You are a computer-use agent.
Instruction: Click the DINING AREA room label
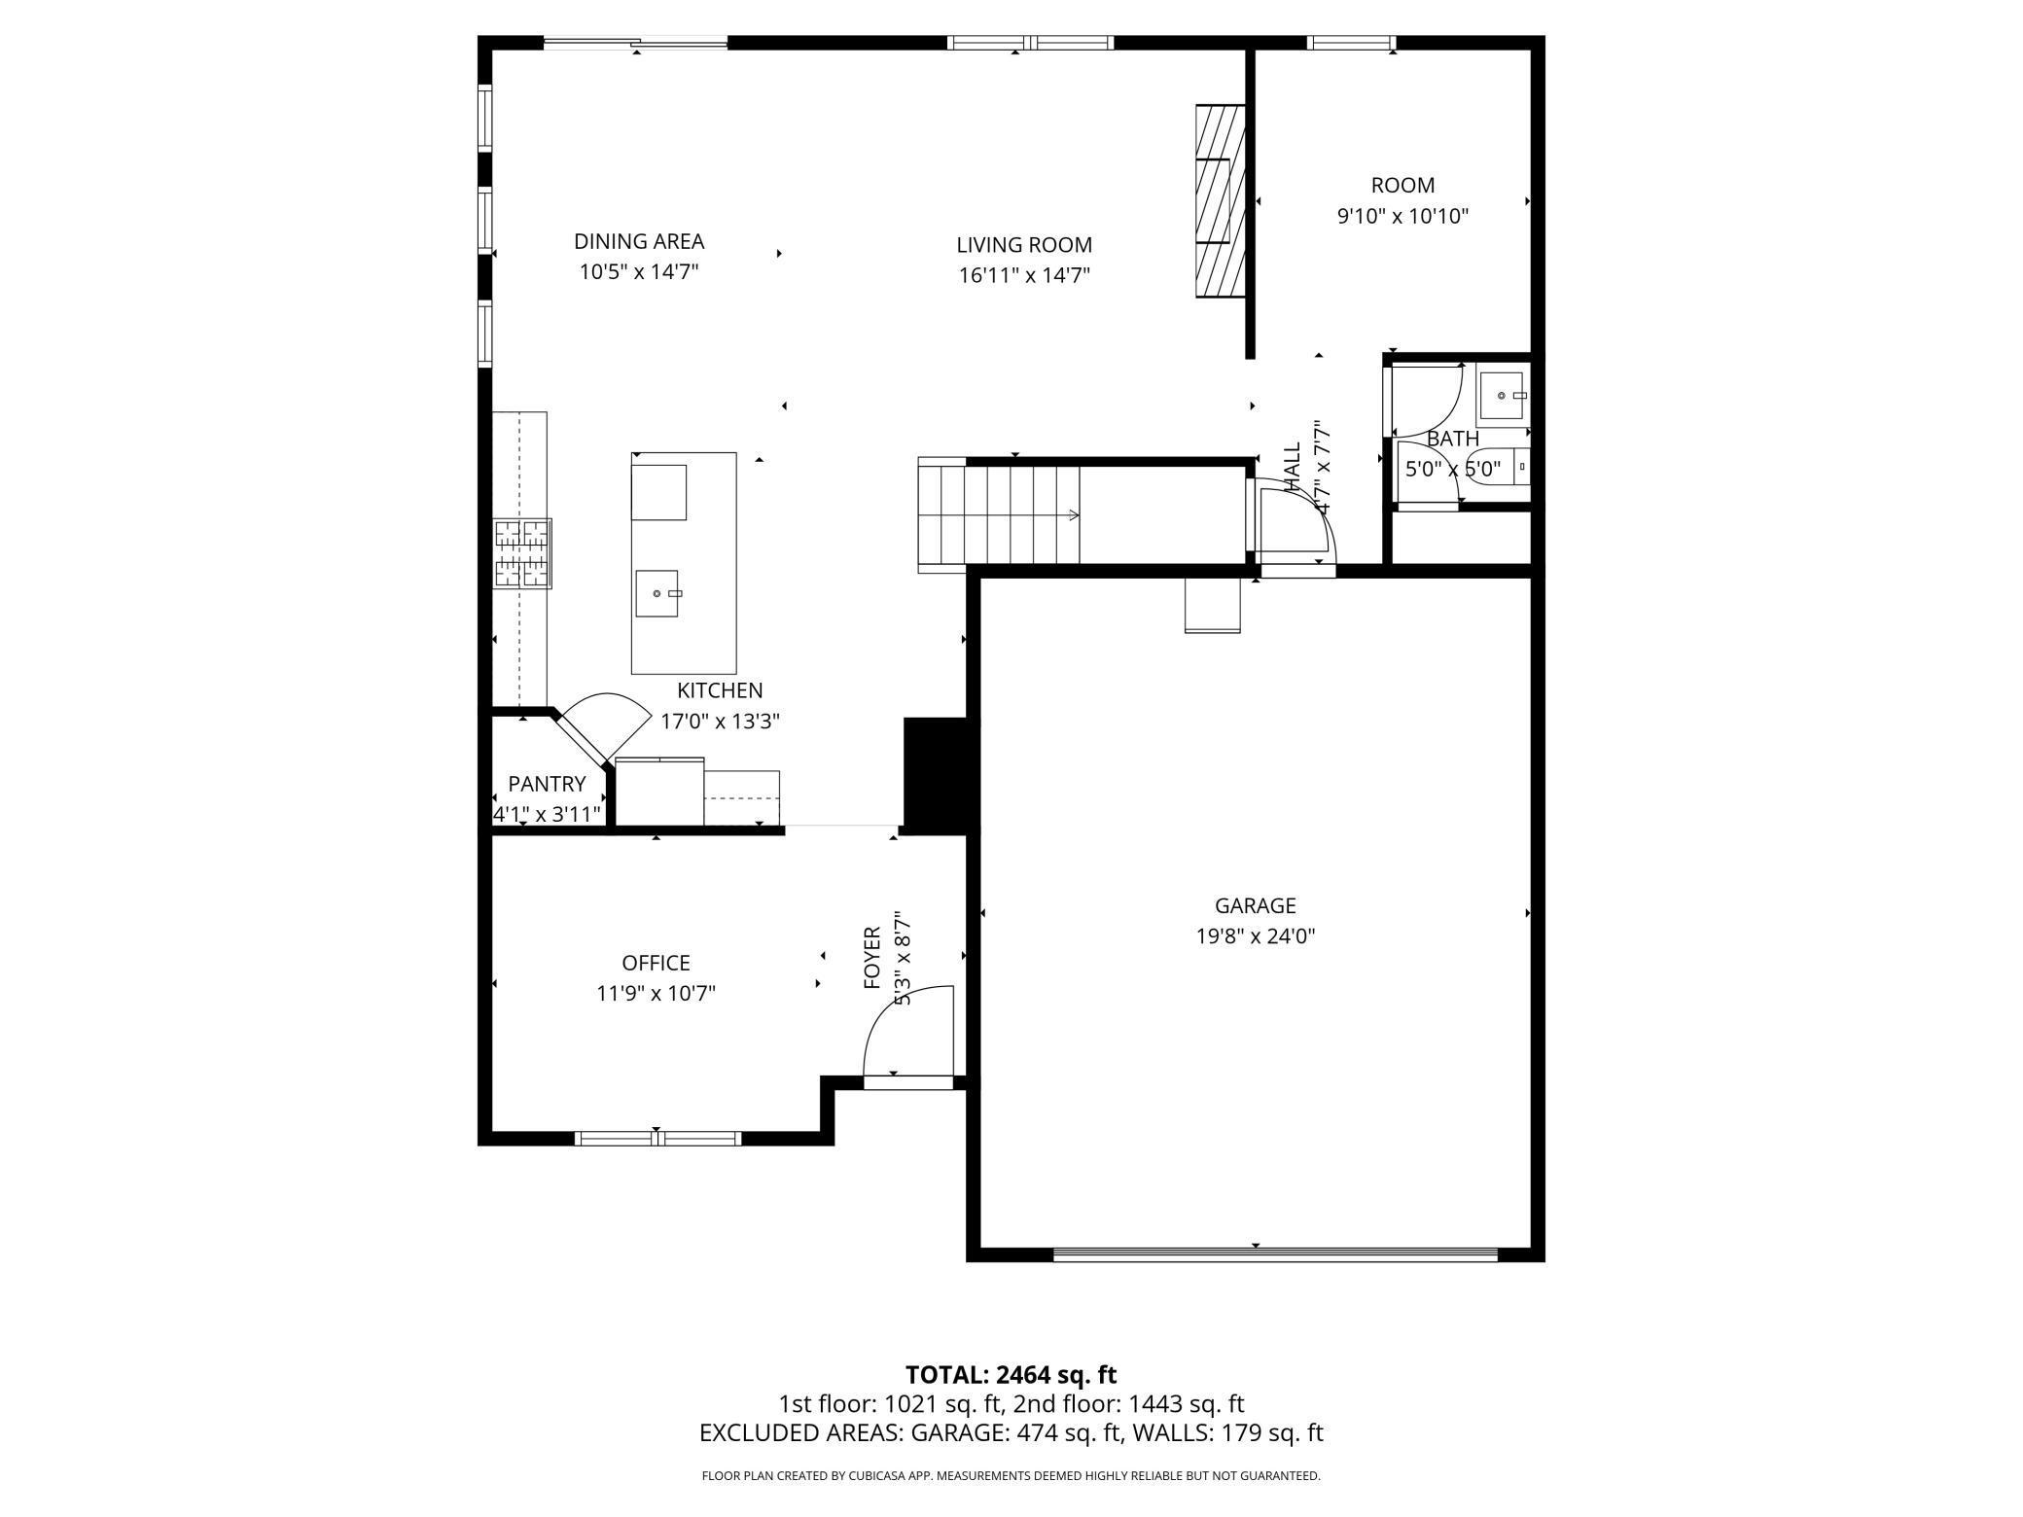[639, 241]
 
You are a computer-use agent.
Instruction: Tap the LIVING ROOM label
[1024, 245]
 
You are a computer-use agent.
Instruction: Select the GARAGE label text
[1256, 906]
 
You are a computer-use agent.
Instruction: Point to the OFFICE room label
[657, 963]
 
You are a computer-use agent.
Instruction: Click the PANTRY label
[547, 784]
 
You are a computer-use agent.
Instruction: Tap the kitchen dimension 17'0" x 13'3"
[721, 722]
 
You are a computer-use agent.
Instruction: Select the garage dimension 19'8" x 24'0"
[1256, 936]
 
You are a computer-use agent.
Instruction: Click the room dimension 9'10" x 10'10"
[1402, 216]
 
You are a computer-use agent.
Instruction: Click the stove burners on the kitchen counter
[522, 553]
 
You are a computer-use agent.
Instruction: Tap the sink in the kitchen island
[659, 593]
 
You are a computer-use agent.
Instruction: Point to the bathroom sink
[1504, 396]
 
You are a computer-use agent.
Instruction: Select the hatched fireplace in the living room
[1220, 199]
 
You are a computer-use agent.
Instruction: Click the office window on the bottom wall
[658, 1139]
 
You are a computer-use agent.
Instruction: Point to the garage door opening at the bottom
[1275, 1255]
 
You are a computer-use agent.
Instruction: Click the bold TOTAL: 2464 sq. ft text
[1011, 1375]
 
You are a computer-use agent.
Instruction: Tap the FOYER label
[872, 958]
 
